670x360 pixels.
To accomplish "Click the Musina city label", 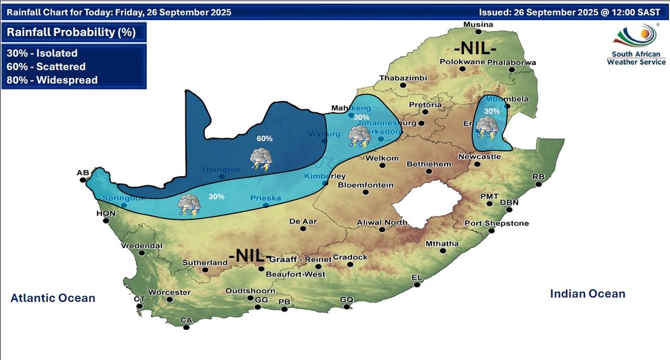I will pos(478,24).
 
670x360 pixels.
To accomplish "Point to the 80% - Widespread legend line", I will pos(52,80).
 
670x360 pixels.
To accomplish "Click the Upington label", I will pos(221,169).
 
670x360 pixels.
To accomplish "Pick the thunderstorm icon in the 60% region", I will pos(262,159).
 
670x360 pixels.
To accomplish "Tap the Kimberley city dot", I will pos(325,183).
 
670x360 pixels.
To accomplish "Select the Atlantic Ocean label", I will pos(53,298).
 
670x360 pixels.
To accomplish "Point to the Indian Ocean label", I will pos(587,294).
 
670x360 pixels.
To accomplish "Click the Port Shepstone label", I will pos(496,223).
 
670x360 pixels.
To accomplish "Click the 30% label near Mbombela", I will pos(492,111).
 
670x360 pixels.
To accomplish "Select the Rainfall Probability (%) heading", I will pos(71,32).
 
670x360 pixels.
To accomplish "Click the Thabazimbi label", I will pos(403,78).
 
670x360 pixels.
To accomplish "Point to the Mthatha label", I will pos(442,244).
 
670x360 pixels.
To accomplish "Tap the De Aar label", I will pos(303,222).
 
